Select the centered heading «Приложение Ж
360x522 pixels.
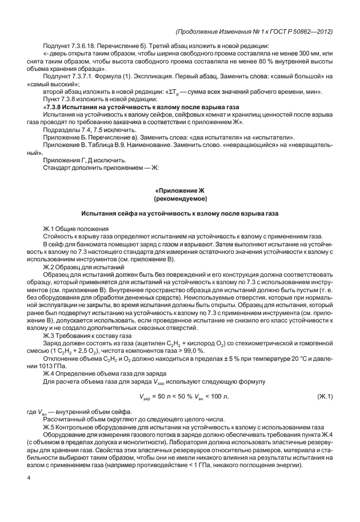(x=179, y=190)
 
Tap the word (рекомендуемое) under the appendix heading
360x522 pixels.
(x=179, y=198)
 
